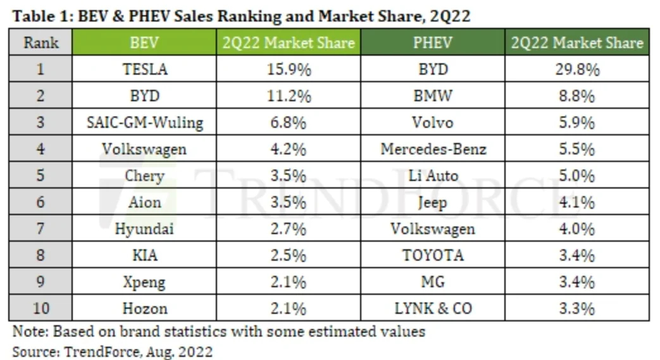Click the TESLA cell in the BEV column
[x=144, y=69]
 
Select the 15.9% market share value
[x=289, y=69]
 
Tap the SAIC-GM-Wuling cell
[x=144, y=122]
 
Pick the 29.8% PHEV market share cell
[x=576, y=69]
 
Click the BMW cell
[x=432, y=96]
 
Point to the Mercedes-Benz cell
[x=433, y=149]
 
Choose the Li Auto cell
[x=433, y=176]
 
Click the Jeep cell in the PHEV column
[x=432, y=202]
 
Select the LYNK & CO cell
[x=433, y=309]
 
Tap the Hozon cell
[x=144, y=309]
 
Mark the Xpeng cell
[x=144, y=282]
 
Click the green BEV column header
[x=144, y=42]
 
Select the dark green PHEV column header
[x=432, y=42]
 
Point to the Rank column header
[x=40, y=42]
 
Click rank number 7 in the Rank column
[x=40, y=229]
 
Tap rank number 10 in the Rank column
[x=40, y=309]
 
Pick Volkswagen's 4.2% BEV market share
[x=289, y=149]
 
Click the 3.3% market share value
[x=576, y=309]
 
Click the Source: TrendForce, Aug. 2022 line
[x=113, y=351]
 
